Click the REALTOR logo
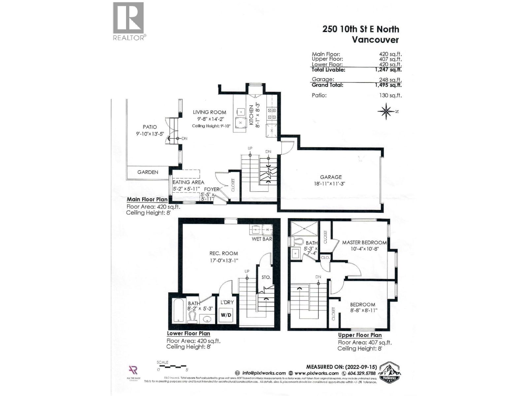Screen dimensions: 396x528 tap(128, 21)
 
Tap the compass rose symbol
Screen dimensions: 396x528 tap(386, 111)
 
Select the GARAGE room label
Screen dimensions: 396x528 tap(331, 177)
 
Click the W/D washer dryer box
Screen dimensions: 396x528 tap(226, 315)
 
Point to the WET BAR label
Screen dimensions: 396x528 tap(262, 239)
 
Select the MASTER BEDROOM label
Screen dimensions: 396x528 tap(364, 243)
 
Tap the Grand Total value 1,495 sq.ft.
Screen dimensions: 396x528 tap(388, 85)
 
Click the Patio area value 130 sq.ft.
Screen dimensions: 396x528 tap(390, 95)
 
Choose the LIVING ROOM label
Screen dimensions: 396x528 tap(210, 112)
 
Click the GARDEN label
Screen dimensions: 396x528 tap(148, 172)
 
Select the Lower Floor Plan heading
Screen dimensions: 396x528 tap(188, 333)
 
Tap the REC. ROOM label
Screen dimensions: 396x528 tap(223, 253)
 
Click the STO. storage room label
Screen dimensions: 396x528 tap(266, 277)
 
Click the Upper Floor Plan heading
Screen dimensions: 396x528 tap(360, 335)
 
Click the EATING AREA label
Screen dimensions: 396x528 tap(188, 182)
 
